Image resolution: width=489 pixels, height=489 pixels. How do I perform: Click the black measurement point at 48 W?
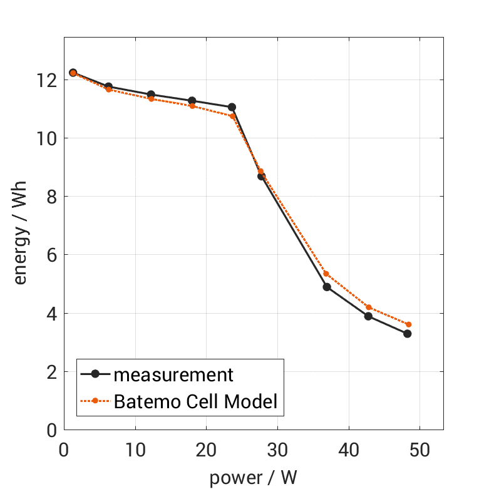point(407,334)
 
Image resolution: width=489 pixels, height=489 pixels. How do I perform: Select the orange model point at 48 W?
point(408,324)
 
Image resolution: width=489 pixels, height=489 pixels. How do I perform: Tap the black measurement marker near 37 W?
point(327,287)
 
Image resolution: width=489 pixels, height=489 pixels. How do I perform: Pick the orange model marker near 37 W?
point(326,274)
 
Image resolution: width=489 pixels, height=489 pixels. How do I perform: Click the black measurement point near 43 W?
point(368,316)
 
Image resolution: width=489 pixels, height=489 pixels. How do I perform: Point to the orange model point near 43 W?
point(369,307)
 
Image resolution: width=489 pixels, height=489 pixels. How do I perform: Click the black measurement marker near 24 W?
point(232,107)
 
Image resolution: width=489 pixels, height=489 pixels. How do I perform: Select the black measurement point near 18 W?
point(192,101)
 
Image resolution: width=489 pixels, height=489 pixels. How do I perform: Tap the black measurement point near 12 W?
point(151,95)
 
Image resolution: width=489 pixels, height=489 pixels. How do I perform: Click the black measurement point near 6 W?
point(108,86)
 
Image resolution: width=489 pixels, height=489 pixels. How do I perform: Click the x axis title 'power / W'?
point(253,477)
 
